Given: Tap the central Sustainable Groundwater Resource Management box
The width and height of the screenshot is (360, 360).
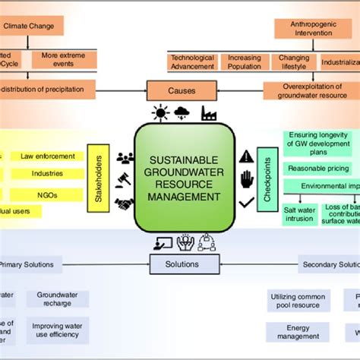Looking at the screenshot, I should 180,178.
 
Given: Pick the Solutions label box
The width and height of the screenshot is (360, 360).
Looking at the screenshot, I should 180,264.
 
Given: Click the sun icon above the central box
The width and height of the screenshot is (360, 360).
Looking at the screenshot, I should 159,114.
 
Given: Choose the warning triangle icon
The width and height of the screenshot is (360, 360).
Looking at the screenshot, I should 245,156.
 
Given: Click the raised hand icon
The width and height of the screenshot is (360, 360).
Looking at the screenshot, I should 245,180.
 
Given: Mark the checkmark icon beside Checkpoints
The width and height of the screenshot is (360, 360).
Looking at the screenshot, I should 245,203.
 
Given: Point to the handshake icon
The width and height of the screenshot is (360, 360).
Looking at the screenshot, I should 125,204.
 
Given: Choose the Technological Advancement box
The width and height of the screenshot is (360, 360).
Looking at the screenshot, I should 192,62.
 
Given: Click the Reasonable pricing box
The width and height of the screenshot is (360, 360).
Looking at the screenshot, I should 317,167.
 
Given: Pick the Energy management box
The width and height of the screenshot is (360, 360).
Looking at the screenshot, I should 298,333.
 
